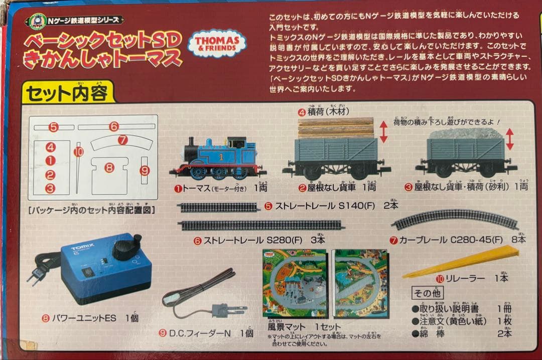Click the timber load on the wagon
pos(336,127)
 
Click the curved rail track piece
pos(455,220)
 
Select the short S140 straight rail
pos(219,207)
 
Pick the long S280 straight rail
pos(261,225)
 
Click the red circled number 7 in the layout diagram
pos(123,140)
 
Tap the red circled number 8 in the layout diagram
pos(109,167)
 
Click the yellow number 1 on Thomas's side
pos(220,156)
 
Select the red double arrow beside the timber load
pos(383,131)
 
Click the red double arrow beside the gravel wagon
pos(510,139)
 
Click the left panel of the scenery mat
pos(295,283)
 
